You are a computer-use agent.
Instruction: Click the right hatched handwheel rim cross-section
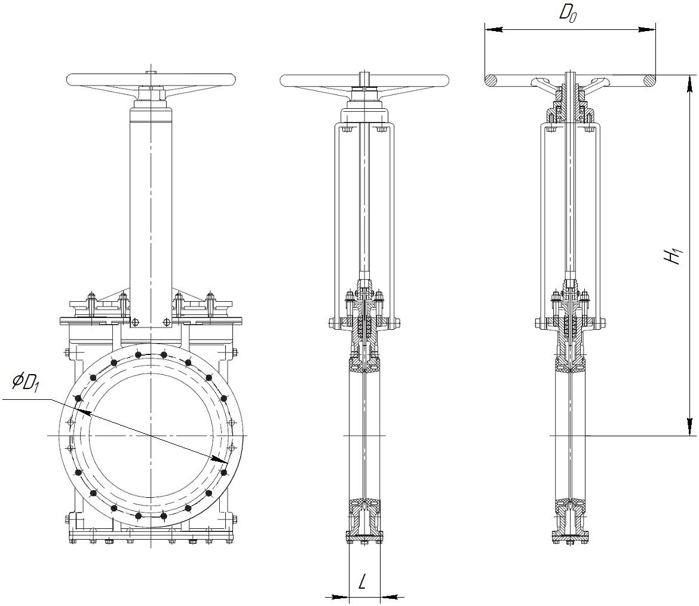pyautogui.click(x=649, y=80)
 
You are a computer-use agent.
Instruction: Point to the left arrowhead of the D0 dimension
pyautogui.click(x=493, y=29)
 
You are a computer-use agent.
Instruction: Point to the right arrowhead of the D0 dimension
pyautogui.click(x=647, y=29)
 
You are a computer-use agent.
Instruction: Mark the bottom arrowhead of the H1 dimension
pyautogui.click(x=689, y=426)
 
